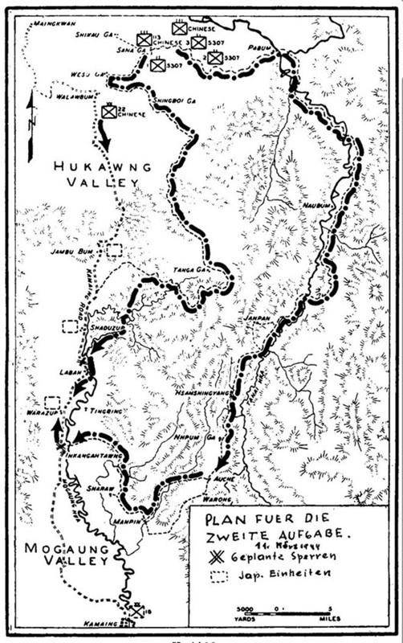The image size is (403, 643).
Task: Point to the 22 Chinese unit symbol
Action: (x=107, y=113)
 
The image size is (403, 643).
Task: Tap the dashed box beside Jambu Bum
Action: (x=113, y=249)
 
